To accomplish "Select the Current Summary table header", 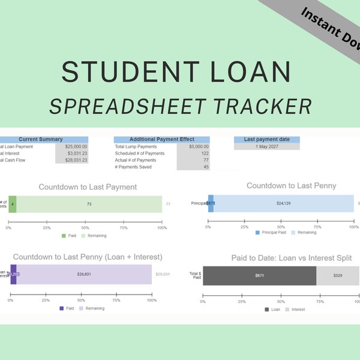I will (x=41, y=139).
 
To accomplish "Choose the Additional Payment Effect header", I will (x=162, y=139).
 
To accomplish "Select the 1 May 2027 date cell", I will (x=266, y=146).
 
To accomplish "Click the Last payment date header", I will (x=266, y=139).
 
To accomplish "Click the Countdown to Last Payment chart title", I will (x=88, y=187).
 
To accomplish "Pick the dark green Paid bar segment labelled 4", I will (x=12, y=204).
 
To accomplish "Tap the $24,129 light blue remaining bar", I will (x=283, y=203).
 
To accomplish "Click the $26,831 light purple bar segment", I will (x=84, y=275).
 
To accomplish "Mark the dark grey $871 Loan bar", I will (x=259, y=275).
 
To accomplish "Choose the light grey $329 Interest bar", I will (x=337, y=275).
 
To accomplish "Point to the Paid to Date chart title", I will (x=292, y=258).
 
